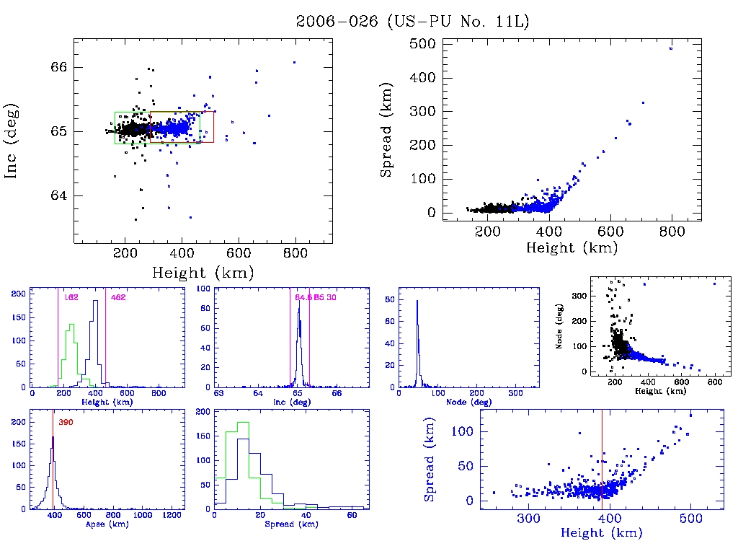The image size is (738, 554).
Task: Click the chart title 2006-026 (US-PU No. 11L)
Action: (413, 22)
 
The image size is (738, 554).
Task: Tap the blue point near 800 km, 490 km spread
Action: (671, 48)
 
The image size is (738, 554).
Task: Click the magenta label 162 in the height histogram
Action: (71, 297)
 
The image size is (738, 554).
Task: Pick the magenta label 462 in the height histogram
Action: (117, 297)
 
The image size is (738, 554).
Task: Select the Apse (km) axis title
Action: (106, 525)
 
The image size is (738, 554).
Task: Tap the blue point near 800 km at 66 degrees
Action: (294, 63)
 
